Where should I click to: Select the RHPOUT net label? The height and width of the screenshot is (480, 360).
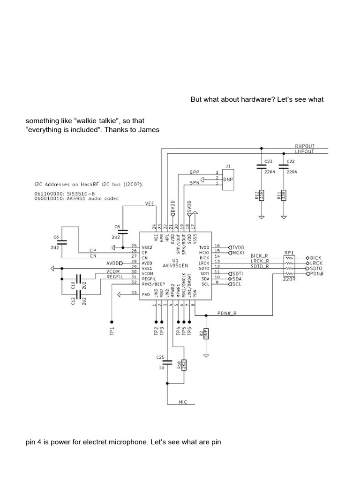pos(305,146)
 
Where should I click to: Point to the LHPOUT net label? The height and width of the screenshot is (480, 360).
pos(305,151)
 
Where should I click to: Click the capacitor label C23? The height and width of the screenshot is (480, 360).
pos(268,161)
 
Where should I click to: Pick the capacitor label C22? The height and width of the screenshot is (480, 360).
pos(291,161)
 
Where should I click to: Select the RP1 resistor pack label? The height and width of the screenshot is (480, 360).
pos(289,253)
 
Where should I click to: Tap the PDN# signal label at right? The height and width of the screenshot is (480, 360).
pos(317,273)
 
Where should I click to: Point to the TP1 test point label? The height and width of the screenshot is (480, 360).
pos(112,331)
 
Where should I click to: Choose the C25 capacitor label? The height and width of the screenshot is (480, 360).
pos(160,358)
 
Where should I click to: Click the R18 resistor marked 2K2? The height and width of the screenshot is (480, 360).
pos(184,366)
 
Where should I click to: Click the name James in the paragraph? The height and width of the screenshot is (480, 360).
pos(148,130)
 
